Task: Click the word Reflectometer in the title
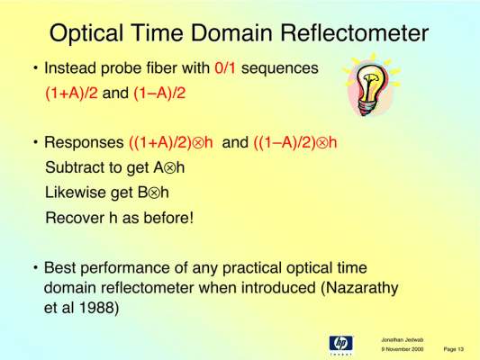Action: coord(355,32)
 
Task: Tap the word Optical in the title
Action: coord(86,34)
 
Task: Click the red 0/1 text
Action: coord(225,67)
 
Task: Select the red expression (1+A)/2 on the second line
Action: coord(72,93)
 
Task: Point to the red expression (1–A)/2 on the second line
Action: coord(159,93)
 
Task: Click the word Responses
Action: coord(84,142)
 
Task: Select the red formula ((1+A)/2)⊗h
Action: coord(171,142)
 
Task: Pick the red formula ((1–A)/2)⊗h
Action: coord(295,142)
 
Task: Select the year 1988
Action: coord(98,308)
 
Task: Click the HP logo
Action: coord(341,345)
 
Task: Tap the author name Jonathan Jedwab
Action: coord(403,340)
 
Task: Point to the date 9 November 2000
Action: coord(403,349)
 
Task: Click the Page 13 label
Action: coord(454,349)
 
